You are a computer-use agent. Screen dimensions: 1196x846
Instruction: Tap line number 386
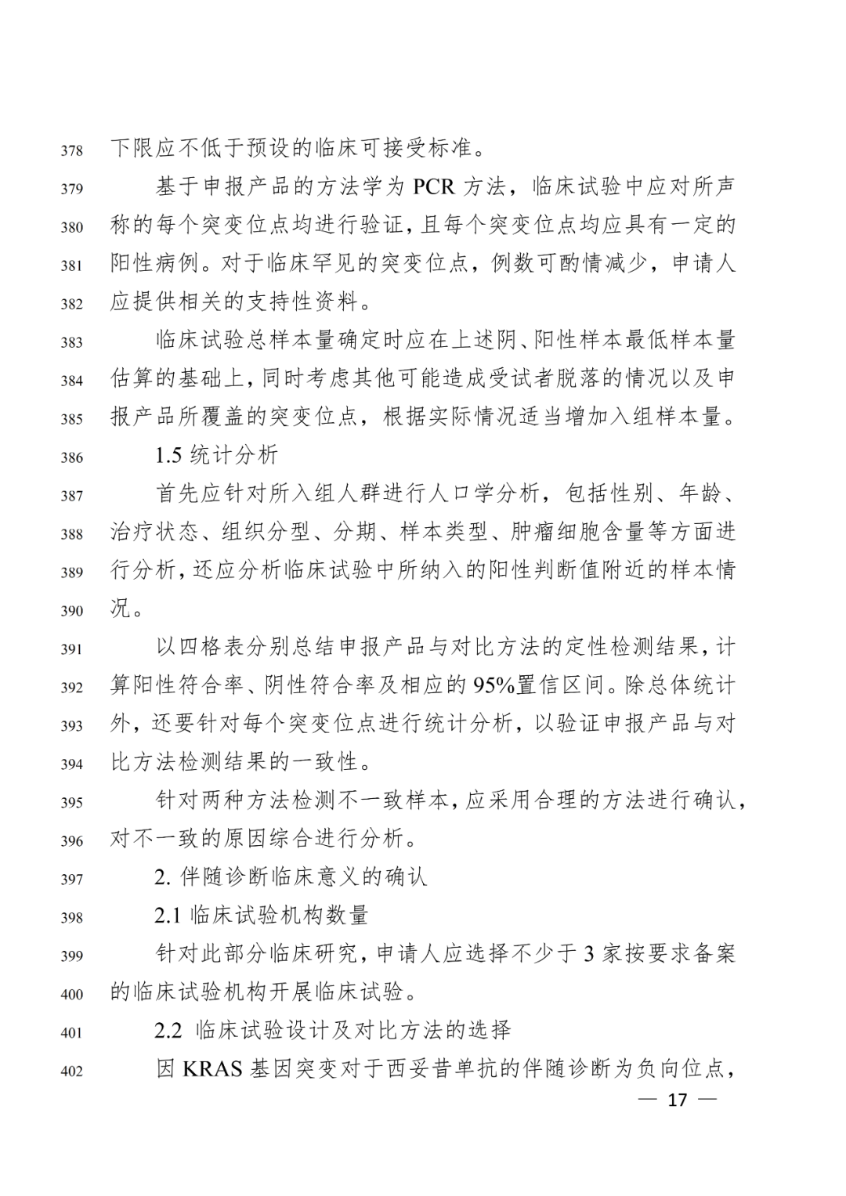(71, 457)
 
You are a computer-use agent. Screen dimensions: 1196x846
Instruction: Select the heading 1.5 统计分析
(216, 455)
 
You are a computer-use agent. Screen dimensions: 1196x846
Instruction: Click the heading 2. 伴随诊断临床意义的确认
(291, 876)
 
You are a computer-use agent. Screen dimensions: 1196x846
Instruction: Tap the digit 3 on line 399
(589, 954)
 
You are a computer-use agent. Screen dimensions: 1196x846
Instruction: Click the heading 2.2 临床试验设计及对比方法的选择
(332, 1030)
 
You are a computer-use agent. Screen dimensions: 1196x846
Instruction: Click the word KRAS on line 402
(212, 1069)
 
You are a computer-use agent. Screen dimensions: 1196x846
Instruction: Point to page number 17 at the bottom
(677, 1100)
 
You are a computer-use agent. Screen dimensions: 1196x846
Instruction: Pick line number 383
(71, 342)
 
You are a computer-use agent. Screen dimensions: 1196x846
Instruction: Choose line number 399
(71, 956)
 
